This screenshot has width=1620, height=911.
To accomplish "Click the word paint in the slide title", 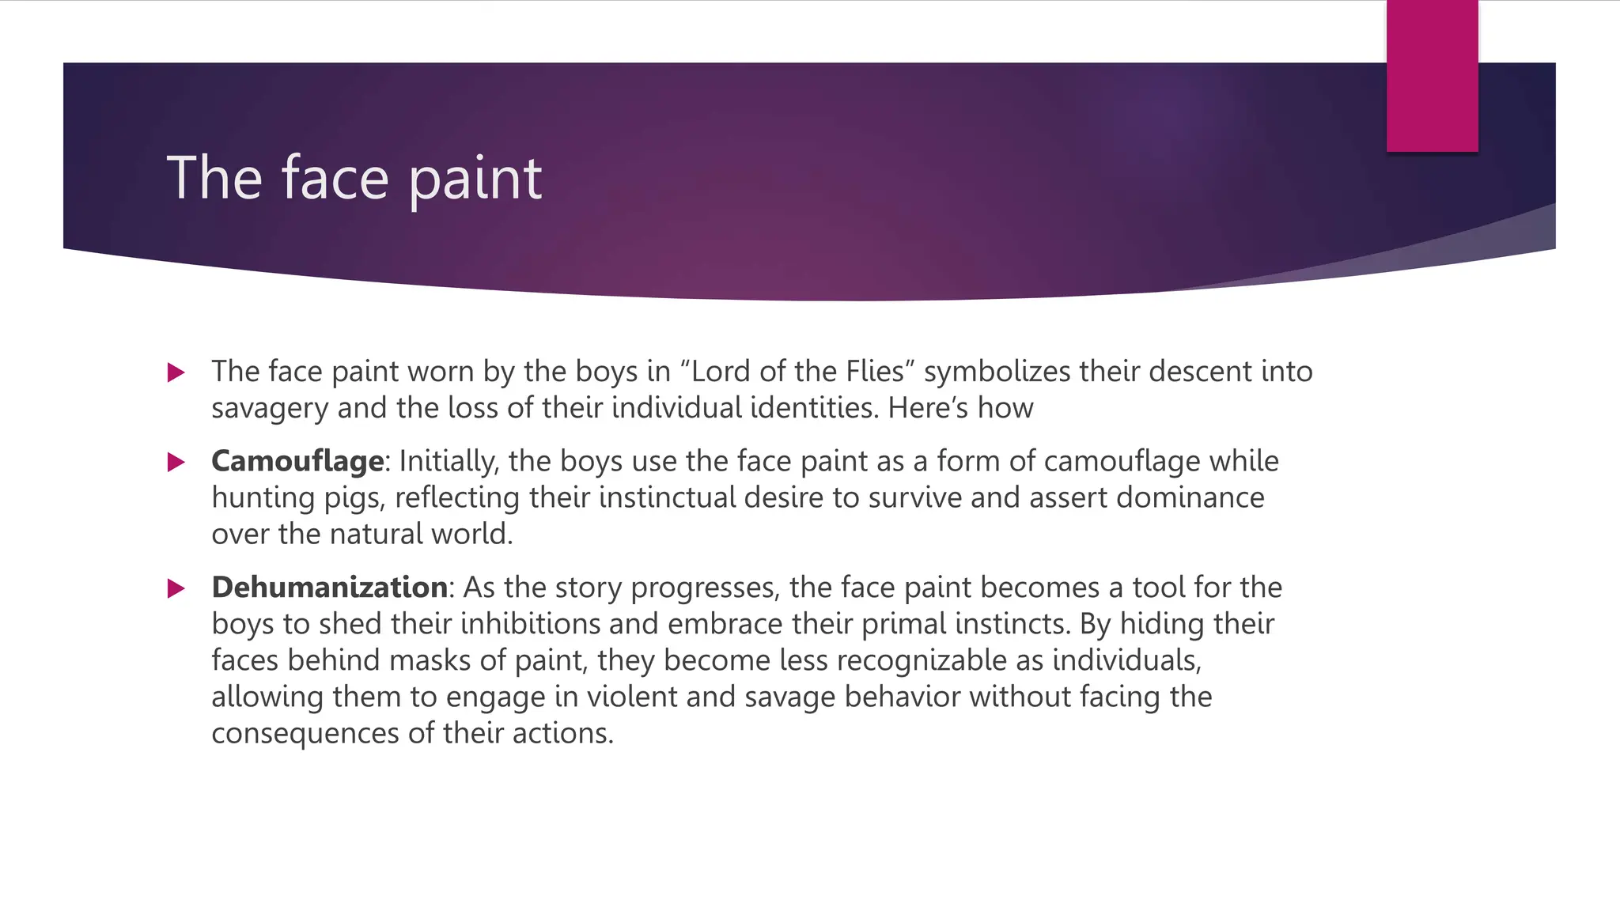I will [x=475, y=179].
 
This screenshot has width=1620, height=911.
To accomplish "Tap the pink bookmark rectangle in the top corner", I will [x=1432, y=76].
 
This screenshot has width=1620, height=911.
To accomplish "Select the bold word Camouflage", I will [x=297, y=461].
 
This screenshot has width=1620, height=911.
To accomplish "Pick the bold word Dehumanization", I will [x=330, y=588].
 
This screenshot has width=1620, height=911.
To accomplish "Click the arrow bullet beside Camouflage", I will [x=176, y=463].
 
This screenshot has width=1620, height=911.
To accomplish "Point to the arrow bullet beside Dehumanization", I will [x=176, y=588].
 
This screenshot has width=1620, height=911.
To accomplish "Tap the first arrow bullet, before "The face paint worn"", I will [x=176, y=372].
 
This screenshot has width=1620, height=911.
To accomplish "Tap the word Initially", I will [x=449, y=461].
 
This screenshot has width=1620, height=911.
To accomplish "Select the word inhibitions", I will [x=531, y=624].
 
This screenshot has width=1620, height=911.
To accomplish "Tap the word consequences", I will [x=305, y=733].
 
